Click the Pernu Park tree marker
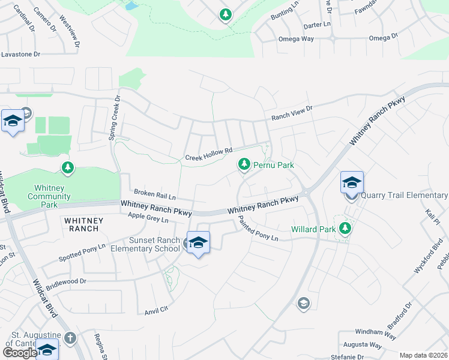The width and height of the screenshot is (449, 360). coord(244,164)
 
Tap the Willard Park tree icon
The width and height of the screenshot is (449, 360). coord(345,229)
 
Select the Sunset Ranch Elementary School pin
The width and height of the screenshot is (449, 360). coord(198,243)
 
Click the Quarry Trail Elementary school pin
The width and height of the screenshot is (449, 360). coord(352,183)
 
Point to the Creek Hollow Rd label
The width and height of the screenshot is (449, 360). coord(208,155)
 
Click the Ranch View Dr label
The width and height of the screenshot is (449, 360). coord(292,113)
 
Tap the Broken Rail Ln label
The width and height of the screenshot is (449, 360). coord(154,195)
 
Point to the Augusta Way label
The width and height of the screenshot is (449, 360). coord(362,344)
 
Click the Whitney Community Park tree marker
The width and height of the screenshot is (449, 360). coord(68,167)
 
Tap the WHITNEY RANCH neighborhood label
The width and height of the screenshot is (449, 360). coord(83,224)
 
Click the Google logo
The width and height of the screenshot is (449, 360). coord(20,353)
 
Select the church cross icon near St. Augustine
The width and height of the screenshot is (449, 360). coord(71,338)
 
